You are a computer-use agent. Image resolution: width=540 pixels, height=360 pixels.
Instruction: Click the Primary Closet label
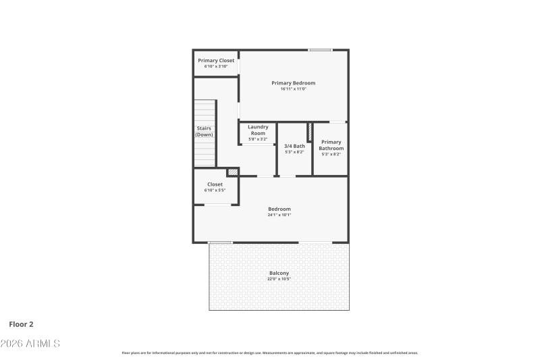pyautogui.click(x=216, y=61)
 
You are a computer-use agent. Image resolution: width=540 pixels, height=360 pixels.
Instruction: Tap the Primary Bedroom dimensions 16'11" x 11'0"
pyautogui.click(x=294, y=89)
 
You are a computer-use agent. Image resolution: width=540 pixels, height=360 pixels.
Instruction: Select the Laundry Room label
pyautogui.click(x=258, y=130)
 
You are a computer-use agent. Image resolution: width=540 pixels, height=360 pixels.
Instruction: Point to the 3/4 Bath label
pyautogui.click(x=294, y=146)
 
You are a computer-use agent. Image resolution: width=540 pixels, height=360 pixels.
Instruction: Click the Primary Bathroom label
pyautogui.click(x=331, y=145)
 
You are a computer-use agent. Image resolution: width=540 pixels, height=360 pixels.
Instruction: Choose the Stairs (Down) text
pyautogui.click(x=204, y=131)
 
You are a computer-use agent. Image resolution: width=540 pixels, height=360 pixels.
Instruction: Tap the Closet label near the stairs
pyautogui.click(x=215, y=184)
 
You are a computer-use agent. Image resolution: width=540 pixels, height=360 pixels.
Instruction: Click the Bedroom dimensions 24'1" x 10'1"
pyautogui.click(x=279, y=215)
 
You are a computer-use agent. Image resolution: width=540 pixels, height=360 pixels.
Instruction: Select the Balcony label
pyautogui.click(x=279, y=273)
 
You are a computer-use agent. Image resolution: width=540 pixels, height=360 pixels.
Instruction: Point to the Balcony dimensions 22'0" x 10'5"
pyautogui.click(x=279, y=279)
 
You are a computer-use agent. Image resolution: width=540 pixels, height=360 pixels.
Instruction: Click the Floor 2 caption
pyautogui.click(x=21, y=324)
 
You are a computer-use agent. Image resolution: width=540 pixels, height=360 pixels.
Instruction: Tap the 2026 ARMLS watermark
pyautogui.click(x=30, y=344)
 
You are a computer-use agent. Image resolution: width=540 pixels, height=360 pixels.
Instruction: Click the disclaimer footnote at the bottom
pyautogui.click(x=269, y=353)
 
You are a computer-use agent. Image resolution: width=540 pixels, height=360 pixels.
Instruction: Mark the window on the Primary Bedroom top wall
pyautogui.click(x=321, y=50)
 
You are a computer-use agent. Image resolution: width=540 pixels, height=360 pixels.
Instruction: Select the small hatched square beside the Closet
pyautogui.click(x=232, y=173)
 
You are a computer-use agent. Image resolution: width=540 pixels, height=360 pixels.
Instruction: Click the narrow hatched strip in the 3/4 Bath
pyautogui.click(x=310, y=132)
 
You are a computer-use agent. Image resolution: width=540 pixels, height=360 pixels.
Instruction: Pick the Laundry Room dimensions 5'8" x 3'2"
pyautogui.click(x=258, y=139)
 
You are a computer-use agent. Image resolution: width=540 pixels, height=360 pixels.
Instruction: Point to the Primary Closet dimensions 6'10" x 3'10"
pyautogui.click(x=216, y=66)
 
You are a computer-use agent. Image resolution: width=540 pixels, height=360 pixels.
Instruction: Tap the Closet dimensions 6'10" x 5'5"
pyautogui.click(x=215, y=190)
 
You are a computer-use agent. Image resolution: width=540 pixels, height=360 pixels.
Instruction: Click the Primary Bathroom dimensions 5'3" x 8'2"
pyautogui.click(x=331, y=154)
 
